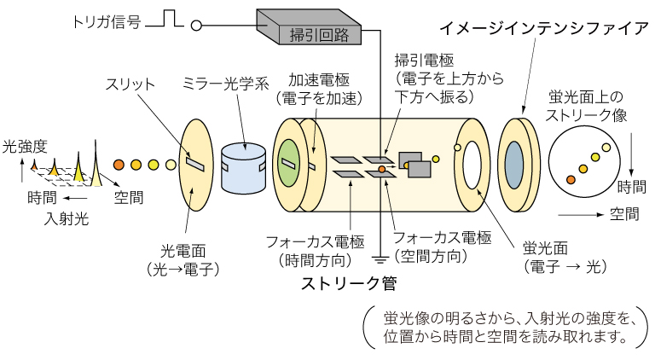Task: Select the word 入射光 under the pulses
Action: coord(66,219)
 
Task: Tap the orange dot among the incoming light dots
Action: coord(120,164)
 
